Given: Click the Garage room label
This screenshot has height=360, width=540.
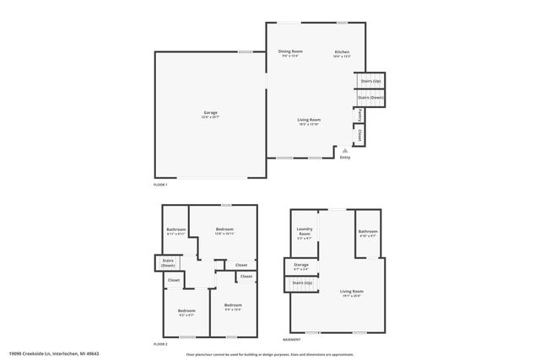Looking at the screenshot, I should click(210, 115).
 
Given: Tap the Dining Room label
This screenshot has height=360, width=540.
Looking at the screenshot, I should click(289, 53).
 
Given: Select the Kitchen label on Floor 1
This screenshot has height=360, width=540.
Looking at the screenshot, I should click(341, 54).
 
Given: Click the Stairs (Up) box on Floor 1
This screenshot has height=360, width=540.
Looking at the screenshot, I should click(370, 81).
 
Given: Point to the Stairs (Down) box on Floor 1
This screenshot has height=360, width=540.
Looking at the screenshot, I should click(370, 98).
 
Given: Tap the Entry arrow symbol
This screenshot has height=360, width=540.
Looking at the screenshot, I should click(344, 150).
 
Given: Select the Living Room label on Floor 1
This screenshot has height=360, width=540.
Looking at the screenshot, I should click(309, 121).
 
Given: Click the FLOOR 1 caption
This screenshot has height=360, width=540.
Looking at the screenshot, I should click(160, 184).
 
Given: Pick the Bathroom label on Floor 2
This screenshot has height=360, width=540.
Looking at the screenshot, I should click(175, 231).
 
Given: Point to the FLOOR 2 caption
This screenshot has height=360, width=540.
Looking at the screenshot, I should click(160, 344).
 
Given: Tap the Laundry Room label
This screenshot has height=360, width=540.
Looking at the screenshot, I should click(305, 234).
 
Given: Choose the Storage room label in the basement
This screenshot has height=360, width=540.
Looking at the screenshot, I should click(301, 266).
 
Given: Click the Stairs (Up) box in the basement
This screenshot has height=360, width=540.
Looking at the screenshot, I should click(301, 283).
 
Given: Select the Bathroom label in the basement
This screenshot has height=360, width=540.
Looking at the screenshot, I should click(367, 234).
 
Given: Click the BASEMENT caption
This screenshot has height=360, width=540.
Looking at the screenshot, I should click(291, 339).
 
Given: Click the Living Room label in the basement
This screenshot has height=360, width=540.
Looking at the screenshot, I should click(351, 293).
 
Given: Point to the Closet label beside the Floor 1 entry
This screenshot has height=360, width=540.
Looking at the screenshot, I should click(360, 135).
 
